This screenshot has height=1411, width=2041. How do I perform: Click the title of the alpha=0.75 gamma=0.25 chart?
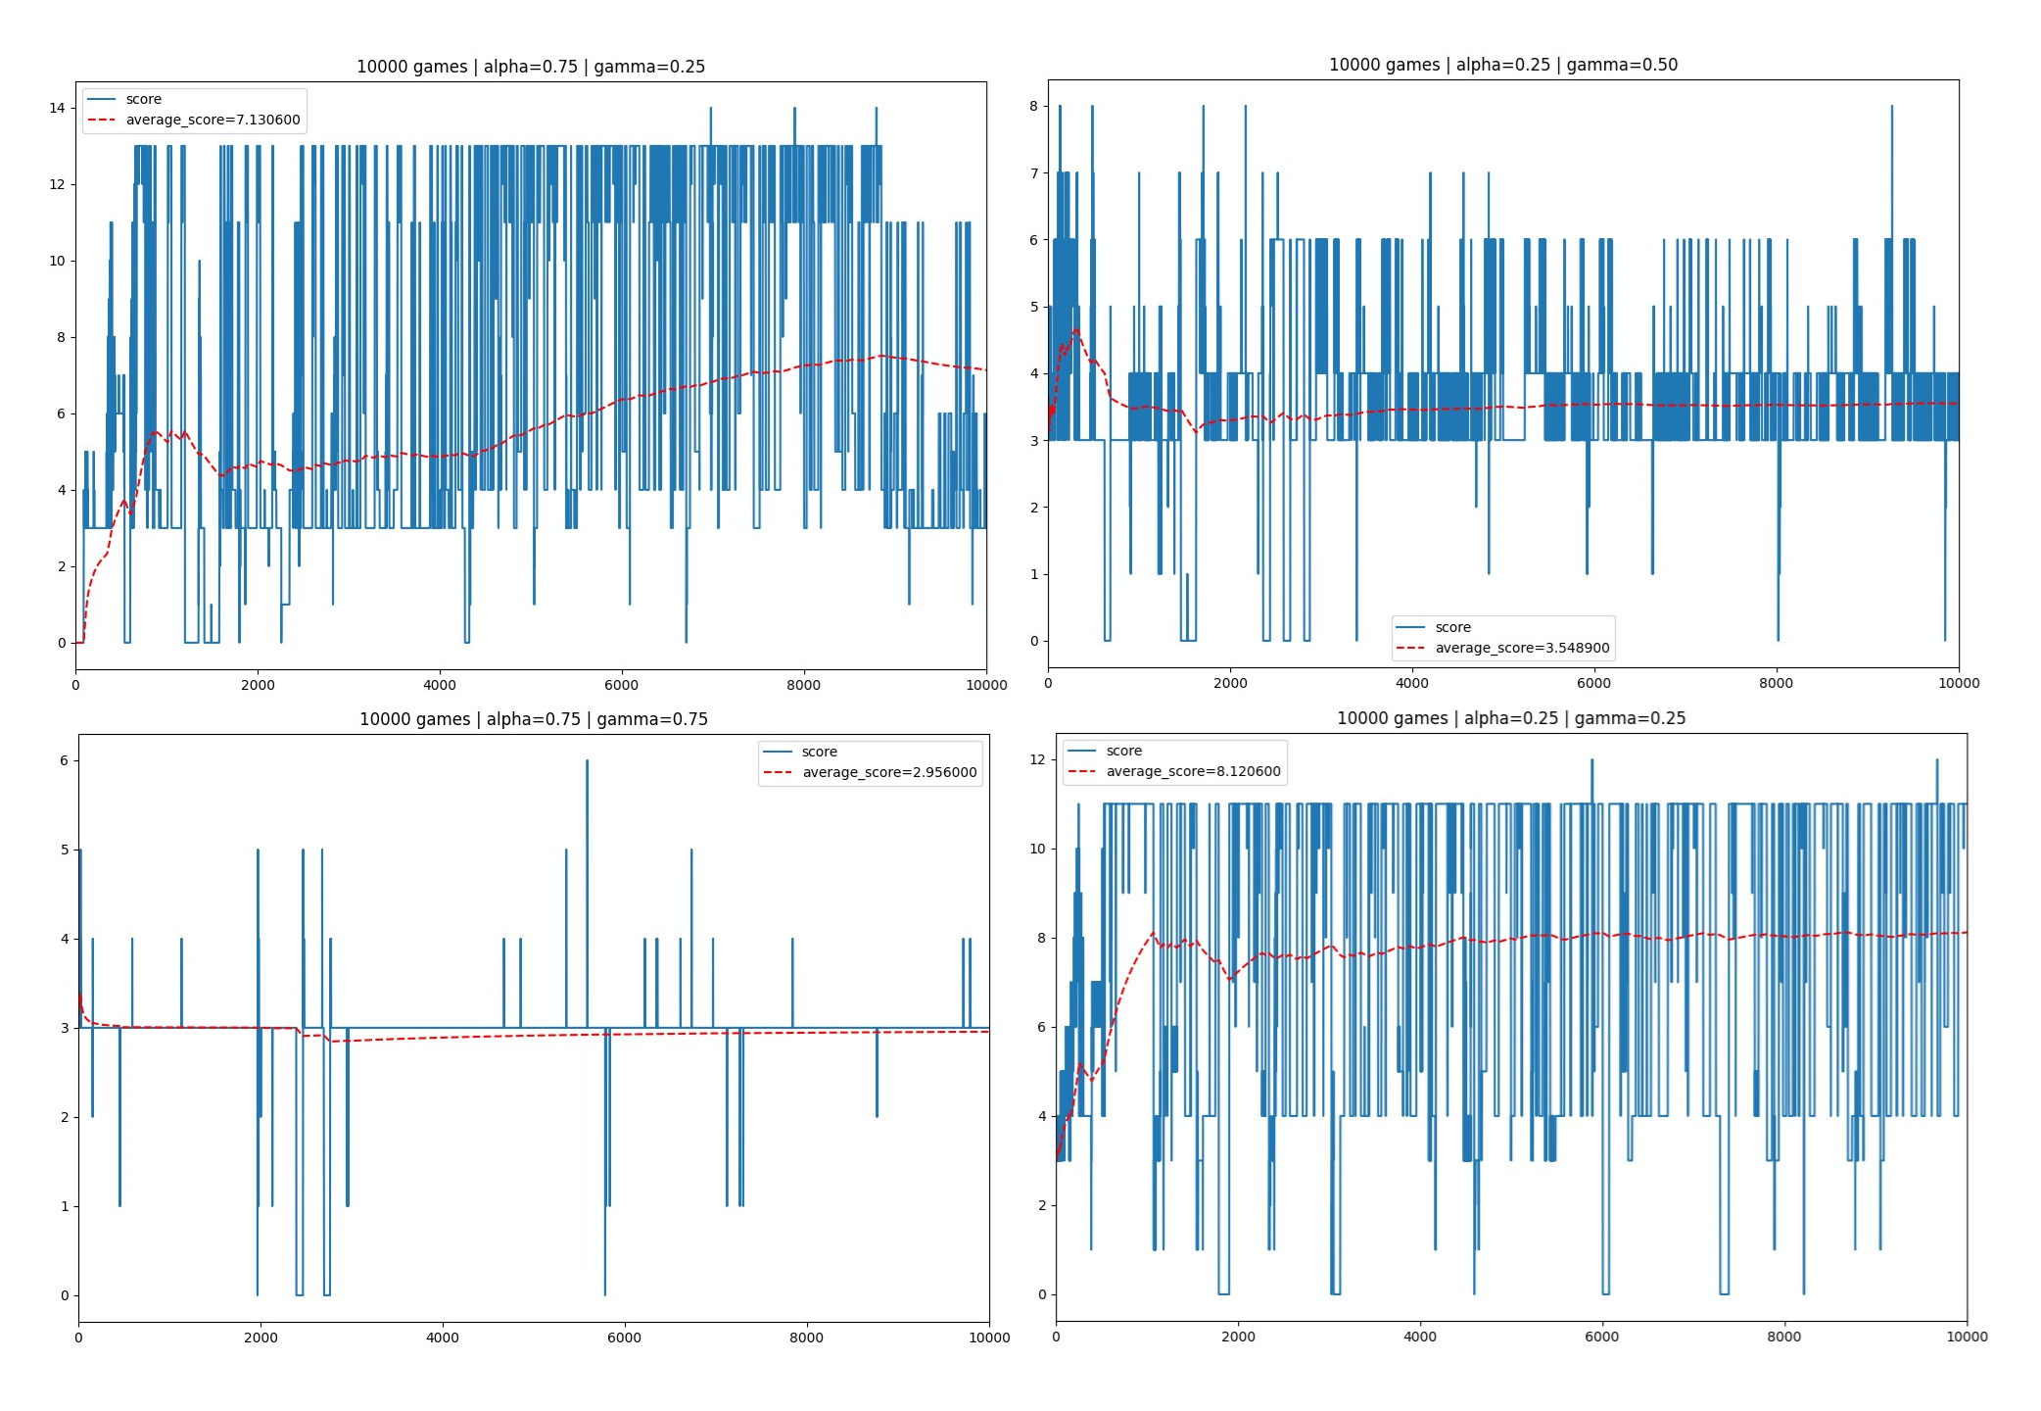(x=530, y=67)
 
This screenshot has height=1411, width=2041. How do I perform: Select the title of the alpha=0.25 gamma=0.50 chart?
(x=1502, y=65)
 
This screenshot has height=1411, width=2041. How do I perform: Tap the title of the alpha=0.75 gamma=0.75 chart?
(x=533, y=719)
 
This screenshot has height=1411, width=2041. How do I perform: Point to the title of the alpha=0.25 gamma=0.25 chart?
(x=1510, y=718)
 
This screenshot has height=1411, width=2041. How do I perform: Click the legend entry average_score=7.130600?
(x=213, y=121)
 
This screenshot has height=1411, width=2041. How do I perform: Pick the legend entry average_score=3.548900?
(x=1521, y=649)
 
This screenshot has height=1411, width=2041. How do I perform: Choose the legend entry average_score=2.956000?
(x=888, y=773)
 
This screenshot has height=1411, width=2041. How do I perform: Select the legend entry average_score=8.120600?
(x=1192, y=772)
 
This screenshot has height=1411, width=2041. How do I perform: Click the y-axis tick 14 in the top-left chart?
(x=57, y=108)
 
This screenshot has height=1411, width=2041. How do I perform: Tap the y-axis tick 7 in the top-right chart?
(x=1033, y=173)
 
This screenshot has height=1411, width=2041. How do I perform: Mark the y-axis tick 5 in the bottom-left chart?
(x=65, y=850)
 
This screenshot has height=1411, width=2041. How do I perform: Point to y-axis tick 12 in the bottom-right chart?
(x=1037, y=759)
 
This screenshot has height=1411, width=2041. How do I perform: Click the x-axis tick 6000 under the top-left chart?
(x=621, y=685)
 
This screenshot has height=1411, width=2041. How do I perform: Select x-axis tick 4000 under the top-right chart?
(x=1411, y=683)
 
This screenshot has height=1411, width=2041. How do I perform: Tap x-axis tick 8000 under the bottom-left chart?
(x=806, y=1338)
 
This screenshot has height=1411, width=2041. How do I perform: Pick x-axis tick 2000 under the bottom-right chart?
(x=1238, y=1337)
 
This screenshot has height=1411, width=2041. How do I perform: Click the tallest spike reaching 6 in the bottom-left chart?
(x=587, y=761)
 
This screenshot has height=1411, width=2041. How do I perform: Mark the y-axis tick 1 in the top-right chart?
(x=1033, y=574)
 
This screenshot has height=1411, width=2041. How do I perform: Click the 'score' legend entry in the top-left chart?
(x=143, y=100)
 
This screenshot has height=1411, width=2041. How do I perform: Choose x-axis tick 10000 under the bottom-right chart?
(x=1967, y=1337)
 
